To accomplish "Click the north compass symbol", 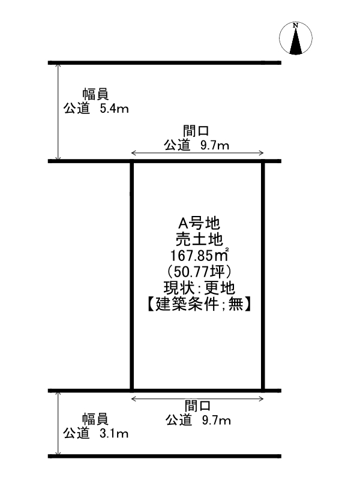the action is pyautogui.click(x=295, y=38).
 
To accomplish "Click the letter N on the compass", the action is pyautogui.click(x=295, y=25).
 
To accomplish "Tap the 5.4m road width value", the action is pyautogui.click(x=114, y=109).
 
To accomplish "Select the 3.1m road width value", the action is pyautogui.click(x=114, y=433).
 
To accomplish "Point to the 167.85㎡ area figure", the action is pyautogui.click(x=200, y=255).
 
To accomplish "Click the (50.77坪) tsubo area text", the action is pyautogui.click(x=199, y=272).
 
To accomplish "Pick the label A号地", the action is pyautogui.click(x=199, y=223).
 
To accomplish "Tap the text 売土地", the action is pyautogui.click(x=199, y=239).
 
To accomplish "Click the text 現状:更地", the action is pyautogui.click(x=199, y=288).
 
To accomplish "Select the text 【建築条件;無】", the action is pyautogui.click(x=199, y=304).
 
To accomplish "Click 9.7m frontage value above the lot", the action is pyautogui.click(x=215, y=145).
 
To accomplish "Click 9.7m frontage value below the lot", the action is pyautogui.click(x=216, y=421).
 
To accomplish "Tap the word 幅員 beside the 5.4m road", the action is pyautogui.click(x=95, y=95).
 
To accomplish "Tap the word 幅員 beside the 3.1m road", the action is pyautogui.click(x=95, y=419).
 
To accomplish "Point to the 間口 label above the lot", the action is pyautogui.click(x=196, y=131).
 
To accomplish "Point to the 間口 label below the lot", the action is pyautogui.click(x=198, y=407).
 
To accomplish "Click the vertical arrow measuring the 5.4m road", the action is pyautogui.click(x=58, y=112).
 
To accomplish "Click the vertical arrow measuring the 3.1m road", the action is pyautogui.click(x=58, y=424).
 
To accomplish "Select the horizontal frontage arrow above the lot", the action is pyautogui.click(x=197, y=153).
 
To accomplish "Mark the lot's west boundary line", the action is pyautogui.click(x=132, y=276).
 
